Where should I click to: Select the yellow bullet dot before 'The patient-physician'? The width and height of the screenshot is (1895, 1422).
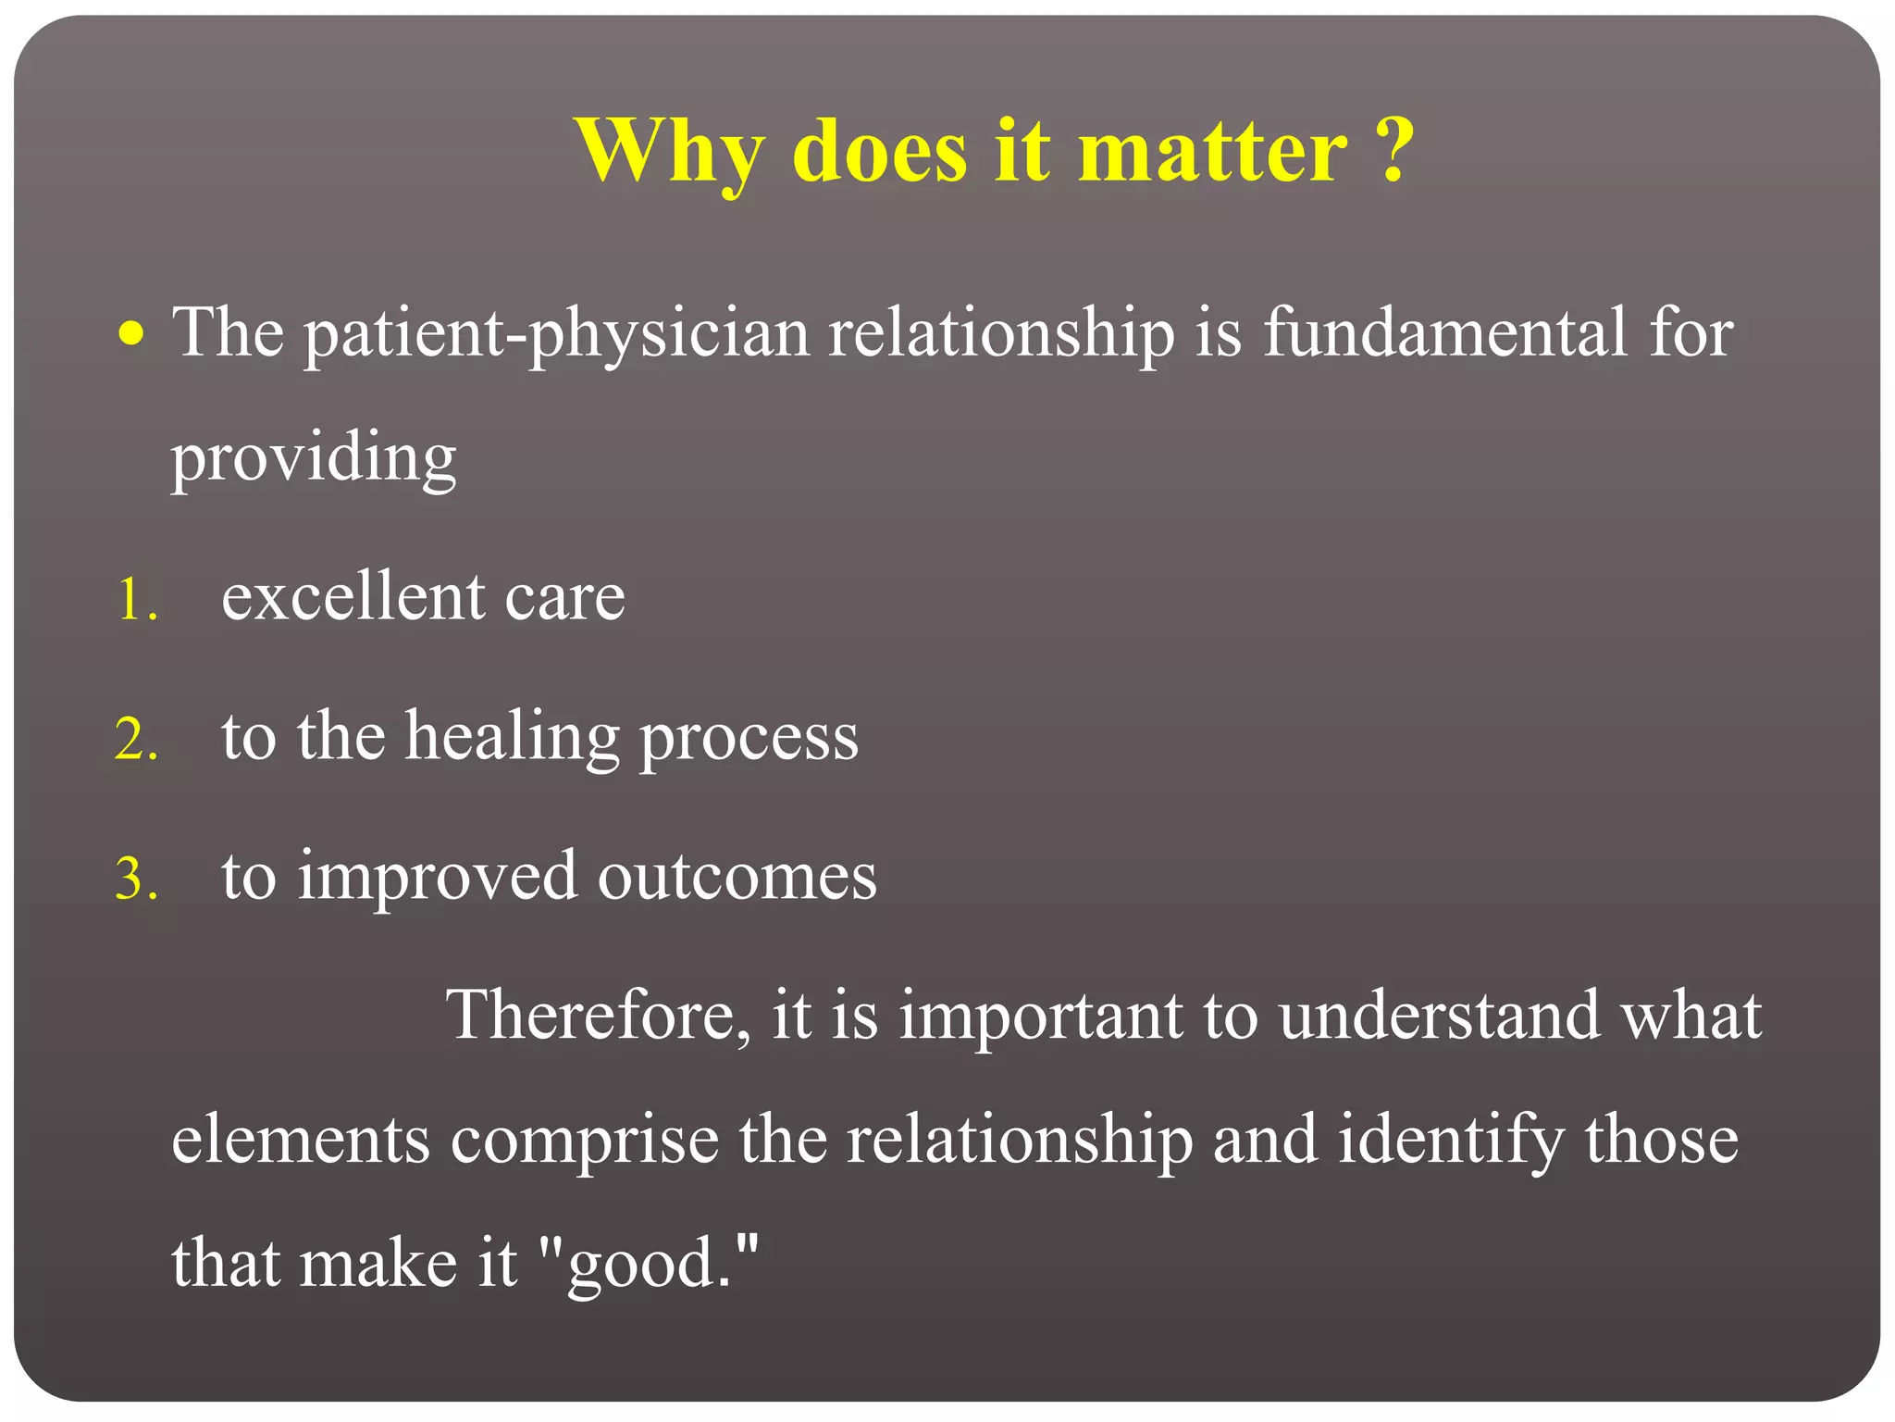coord(132,333)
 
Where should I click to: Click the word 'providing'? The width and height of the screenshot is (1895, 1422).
coord(314,458)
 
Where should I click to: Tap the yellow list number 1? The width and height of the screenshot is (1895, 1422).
coord(136,600)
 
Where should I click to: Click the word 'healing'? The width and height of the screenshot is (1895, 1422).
coord(513,739)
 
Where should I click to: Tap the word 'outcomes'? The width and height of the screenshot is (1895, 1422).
coord(737,876)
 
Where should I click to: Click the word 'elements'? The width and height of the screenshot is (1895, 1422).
coord(301,1140)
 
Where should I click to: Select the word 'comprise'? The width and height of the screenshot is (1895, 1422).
coord(584,1141)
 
